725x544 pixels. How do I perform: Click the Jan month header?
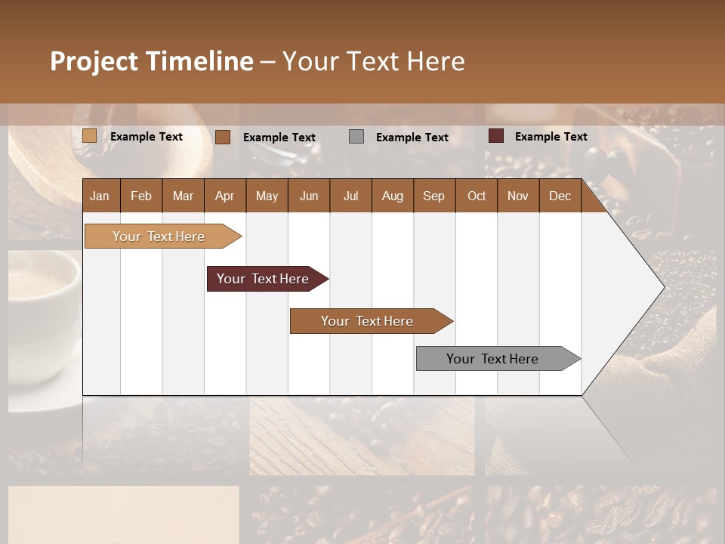click(100, 196)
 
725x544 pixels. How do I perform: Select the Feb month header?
click(141, 196)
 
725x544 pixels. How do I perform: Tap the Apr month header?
click(224, 196)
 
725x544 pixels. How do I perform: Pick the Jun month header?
click(308, 196)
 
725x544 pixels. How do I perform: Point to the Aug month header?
click(392, 196)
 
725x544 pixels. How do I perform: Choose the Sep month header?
click(433, 196)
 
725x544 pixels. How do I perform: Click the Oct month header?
click(476, 196)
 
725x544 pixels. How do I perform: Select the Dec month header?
click(560, 196)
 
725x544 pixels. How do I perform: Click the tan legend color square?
click(90, 136)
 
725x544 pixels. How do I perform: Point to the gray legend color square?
click(356, 137)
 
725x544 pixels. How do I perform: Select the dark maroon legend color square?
click(495, 136)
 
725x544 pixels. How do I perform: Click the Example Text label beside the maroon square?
click(551, 137)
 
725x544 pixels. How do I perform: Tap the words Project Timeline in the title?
click(151, 61)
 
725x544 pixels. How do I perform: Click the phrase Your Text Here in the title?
click(373, 61)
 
